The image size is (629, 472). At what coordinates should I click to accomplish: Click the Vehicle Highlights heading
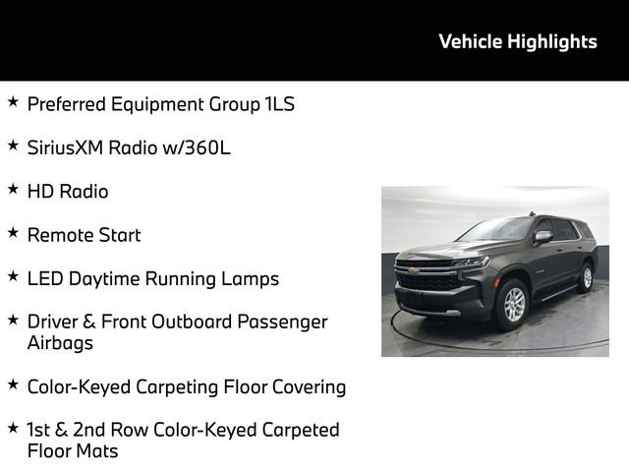(517, 41)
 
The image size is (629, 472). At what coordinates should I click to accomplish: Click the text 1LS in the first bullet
(279, 104)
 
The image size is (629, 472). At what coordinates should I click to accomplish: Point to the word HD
(41, 192)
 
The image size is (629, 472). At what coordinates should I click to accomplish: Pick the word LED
(45, 278)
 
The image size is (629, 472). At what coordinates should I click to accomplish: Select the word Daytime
(104, 278)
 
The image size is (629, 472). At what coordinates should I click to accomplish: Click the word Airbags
(59, 343)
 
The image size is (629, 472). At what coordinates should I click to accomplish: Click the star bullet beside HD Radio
(13, 188)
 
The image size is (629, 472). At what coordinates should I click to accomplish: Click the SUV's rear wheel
(587, 276)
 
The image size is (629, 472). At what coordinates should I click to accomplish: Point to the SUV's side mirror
(543, 236)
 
